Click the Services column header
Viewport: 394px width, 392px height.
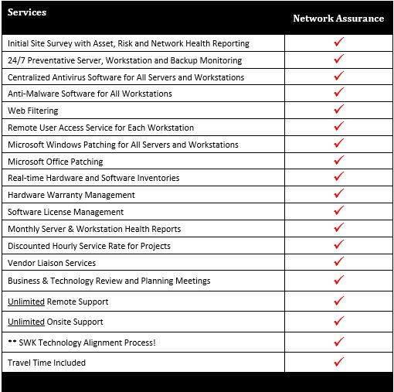pos(27,12)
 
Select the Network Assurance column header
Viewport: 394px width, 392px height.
pos(338,19)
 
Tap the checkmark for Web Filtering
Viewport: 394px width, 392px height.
pos(338,110)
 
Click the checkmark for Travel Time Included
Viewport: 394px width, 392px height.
pos(338,362)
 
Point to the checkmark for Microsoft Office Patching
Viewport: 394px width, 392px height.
pos(338,161)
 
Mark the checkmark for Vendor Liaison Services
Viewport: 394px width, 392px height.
pos(338,262)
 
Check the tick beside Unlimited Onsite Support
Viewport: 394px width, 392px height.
pos(338,321)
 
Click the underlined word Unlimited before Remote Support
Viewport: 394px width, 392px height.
pos(26,302)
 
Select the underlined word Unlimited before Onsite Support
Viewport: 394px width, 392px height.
pos(26,322)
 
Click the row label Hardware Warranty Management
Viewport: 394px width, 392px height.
pos(71,195)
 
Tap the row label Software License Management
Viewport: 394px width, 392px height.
pos(66,212)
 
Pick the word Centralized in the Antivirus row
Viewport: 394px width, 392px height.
pos(32,77)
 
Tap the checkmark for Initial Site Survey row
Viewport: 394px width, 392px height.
pos(338,43)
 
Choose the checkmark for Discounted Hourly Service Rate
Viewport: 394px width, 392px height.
pos(338,245)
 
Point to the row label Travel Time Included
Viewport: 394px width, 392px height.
pos(46,363)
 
